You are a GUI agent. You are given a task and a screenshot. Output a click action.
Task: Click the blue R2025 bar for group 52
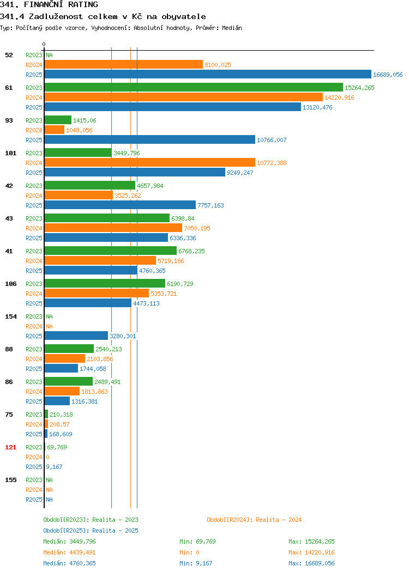(208, 74)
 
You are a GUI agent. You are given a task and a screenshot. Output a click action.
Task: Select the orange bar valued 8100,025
(124, 64)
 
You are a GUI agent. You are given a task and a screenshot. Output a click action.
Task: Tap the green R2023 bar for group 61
(194, 87)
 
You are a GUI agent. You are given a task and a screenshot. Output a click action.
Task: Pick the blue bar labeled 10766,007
(150, 139)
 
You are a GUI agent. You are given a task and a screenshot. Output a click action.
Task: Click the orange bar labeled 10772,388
(150, 163)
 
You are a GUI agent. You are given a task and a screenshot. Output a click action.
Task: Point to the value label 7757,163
(210, 205)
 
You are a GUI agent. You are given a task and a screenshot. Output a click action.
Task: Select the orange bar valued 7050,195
(113, 228)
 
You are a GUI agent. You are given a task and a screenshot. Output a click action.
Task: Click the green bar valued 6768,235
(111, 251)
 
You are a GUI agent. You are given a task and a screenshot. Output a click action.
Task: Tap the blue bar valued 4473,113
(88, 303)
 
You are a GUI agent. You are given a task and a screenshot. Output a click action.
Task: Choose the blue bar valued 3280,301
(76, 336)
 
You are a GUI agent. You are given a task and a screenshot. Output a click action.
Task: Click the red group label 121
(10, 447)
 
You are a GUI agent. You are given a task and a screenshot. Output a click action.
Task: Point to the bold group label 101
(10, 153)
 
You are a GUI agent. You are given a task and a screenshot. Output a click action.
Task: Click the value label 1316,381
(85, 401)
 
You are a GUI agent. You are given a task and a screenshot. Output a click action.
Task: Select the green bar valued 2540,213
(69, 349)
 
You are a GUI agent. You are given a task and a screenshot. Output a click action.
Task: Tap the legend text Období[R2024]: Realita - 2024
(254, 520)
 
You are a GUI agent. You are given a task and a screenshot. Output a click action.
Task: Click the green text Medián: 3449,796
(69, 541)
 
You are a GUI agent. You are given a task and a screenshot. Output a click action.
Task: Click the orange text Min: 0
(189, 552)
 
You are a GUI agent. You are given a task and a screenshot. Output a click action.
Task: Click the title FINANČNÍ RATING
(61, 4)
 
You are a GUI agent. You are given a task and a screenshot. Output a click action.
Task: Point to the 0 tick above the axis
(44, 44)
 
